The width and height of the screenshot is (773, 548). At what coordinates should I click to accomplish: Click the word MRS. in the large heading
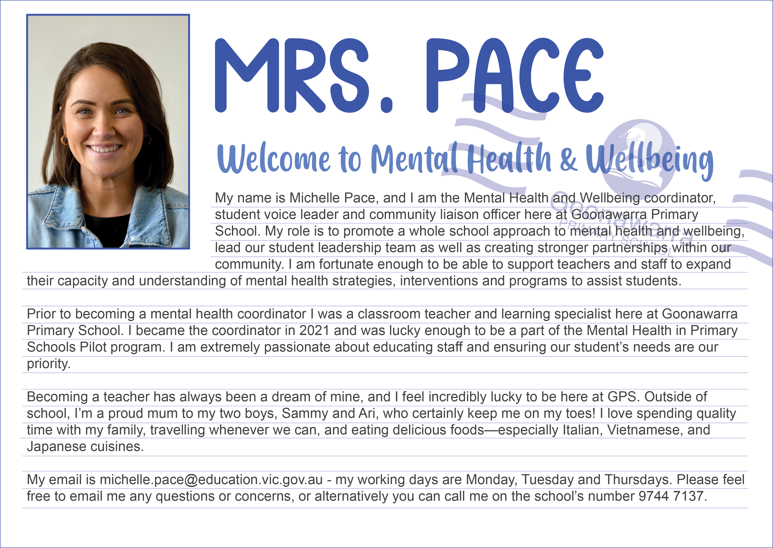[x=304, y=76]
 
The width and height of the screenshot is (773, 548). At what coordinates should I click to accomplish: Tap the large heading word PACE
[x=515, y=76]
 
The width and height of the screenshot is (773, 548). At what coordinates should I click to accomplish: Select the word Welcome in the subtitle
[x=274, y=159]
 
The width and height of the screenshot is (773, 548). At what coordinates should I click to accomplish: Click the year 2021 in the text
[x=314, y=331]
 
